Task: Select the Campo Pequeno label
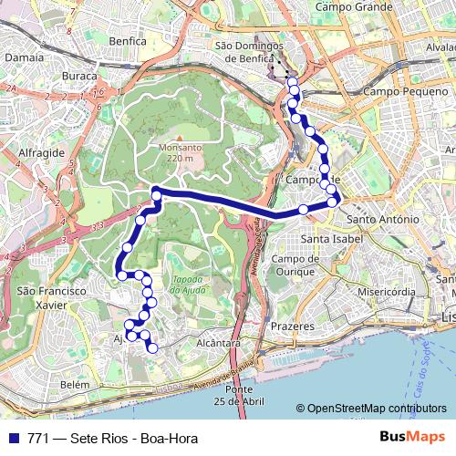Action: (x=401, y=92)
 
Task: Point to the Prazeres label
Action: (x=293, y=326)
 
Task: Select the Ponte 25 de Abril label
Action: (x=239, y=396)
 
